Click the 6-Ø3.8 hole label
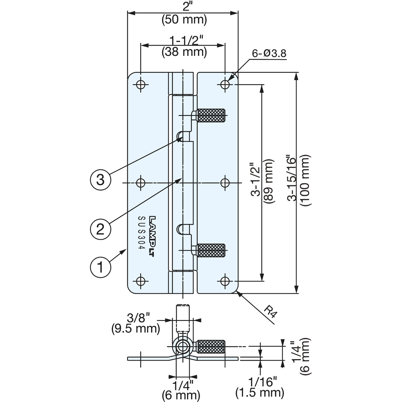pos(269,54)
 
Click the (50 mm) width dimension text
pos(184,20)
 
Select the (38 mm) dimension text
pos(184,52)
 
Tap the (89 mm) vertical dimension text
pos(268,181)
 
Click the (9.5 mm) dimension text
pos(136,329)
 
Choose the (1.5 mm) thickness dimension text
pos(260,393)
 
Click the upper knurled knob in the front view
pos(211,115)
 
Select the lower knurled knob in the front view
pos(211,250)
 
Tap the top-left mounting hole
pos(141,84)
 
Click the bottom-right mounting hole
pos(225,281)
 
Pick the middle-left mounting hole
pos(141,183)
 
